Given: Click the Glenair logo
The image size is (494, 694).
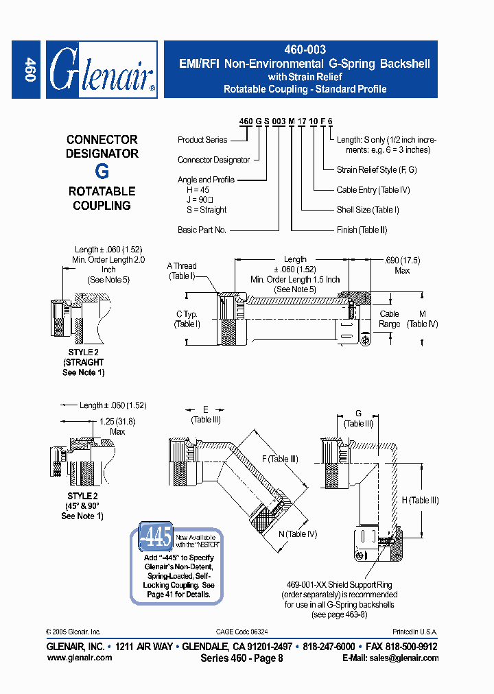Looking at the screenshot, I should point(102,69).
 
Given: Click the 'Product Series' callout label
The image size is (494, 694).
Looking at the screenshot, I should point(202,140).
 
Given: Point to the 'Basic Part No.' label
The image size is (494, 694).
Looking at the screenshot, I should point(202,230).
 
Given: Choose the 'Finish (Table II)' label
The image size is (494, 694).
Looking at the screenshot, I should point(362,230).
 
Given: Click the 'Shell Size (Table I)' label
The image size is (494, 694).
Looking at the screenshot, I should point(367,210).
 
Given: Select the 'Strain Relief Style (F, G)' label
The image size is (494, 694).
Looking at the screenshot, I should point(377,170).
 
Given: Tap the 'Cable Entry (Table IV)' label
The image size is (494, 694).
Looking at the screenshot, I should point(373,190).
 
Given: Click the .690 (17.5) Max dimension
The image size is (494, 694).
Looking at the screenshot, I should point(402,265).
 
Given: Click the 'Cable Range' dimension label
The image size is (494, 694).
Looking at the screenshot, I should point(390,319).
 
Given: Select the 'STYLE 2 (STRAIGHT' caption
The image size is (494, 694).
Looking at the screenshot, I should point(83,357).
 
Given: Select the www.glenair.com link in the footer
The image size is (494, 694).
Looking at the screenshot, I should point(80,658).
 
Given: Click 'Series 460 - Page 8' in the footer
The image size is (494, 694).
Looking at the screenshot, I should point(242,658).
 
